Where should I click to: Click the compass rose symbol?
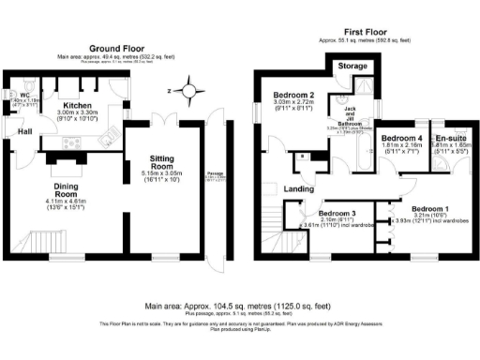click(x=190, y=92)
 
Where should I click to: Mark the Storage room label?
click(x=352, y=67)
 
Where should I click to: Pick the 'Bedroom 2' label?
click(x=292, y=96)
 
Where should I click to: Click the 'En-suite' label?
click(x=449, y=138)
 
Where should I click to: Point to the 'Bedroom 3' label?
click(x=335, y=213)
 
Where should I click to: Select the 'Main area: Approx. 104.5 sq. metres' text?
click(x=239, y=306)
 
